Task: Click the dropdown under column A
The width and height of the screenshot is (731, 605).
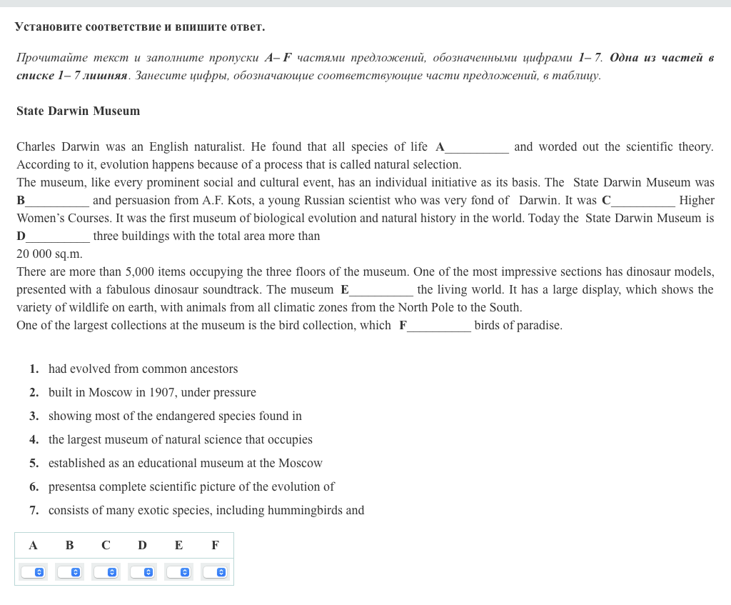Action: coord(33,572)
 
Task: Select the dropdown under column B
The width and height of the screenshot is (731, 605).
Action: coord(69,572)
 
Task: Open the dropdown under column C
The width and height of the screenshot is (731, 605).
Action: coord(106,572)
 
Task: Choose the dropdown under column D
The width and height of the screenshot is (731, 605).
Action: coord(142,572)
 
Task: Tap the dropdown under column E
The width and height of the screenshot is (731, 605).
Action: coord(178,572)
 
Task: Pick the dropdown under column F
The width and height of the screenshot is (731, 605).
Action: coord(215,572)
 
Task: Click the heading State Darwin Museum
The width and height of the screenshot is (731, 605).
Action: coord(78,111)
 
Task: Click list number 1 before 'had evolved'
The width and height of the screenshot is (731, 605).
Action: coord(34,369)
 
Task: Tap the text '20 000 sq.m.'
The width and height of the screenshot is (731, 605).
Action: coord(49,254)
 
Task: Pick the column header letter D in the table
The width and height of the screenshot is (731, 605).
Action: coord(142,546)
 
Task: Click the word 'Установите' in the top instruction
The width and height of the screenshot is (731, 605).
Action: coord(48,27)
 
